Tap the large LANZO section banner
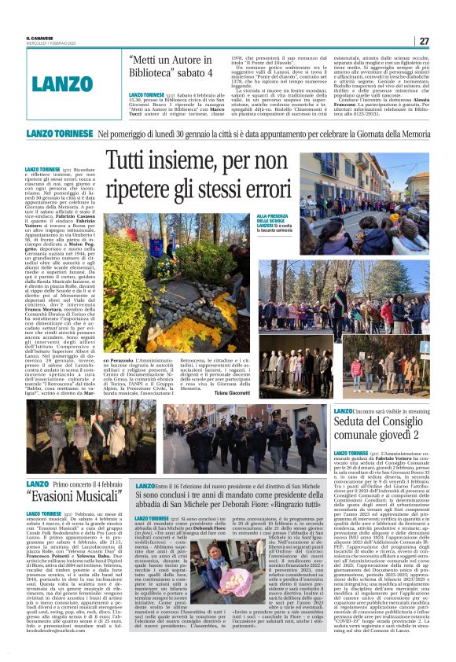(x=63, y=82)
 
